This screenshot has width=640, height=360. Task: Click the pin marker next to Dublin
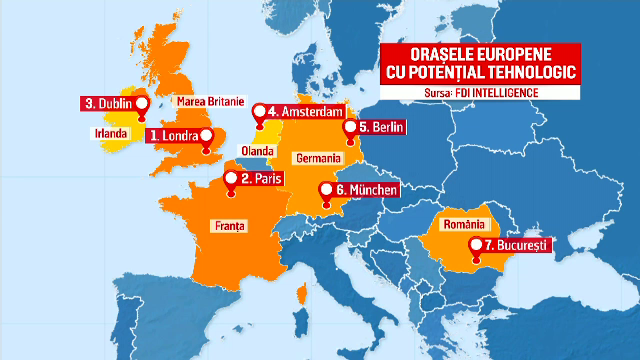click(x=141, y=104)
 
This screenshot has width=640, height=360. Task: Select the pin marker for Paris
click(x=232, y=180)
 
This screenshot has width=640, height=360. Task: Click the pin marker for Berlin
click(x=350, y=125)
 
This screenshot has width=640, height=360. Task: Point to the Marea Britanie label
click(x=209, y=102)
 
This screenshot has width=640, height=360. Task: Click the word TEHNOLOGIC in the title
click(x=507, y=75)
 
